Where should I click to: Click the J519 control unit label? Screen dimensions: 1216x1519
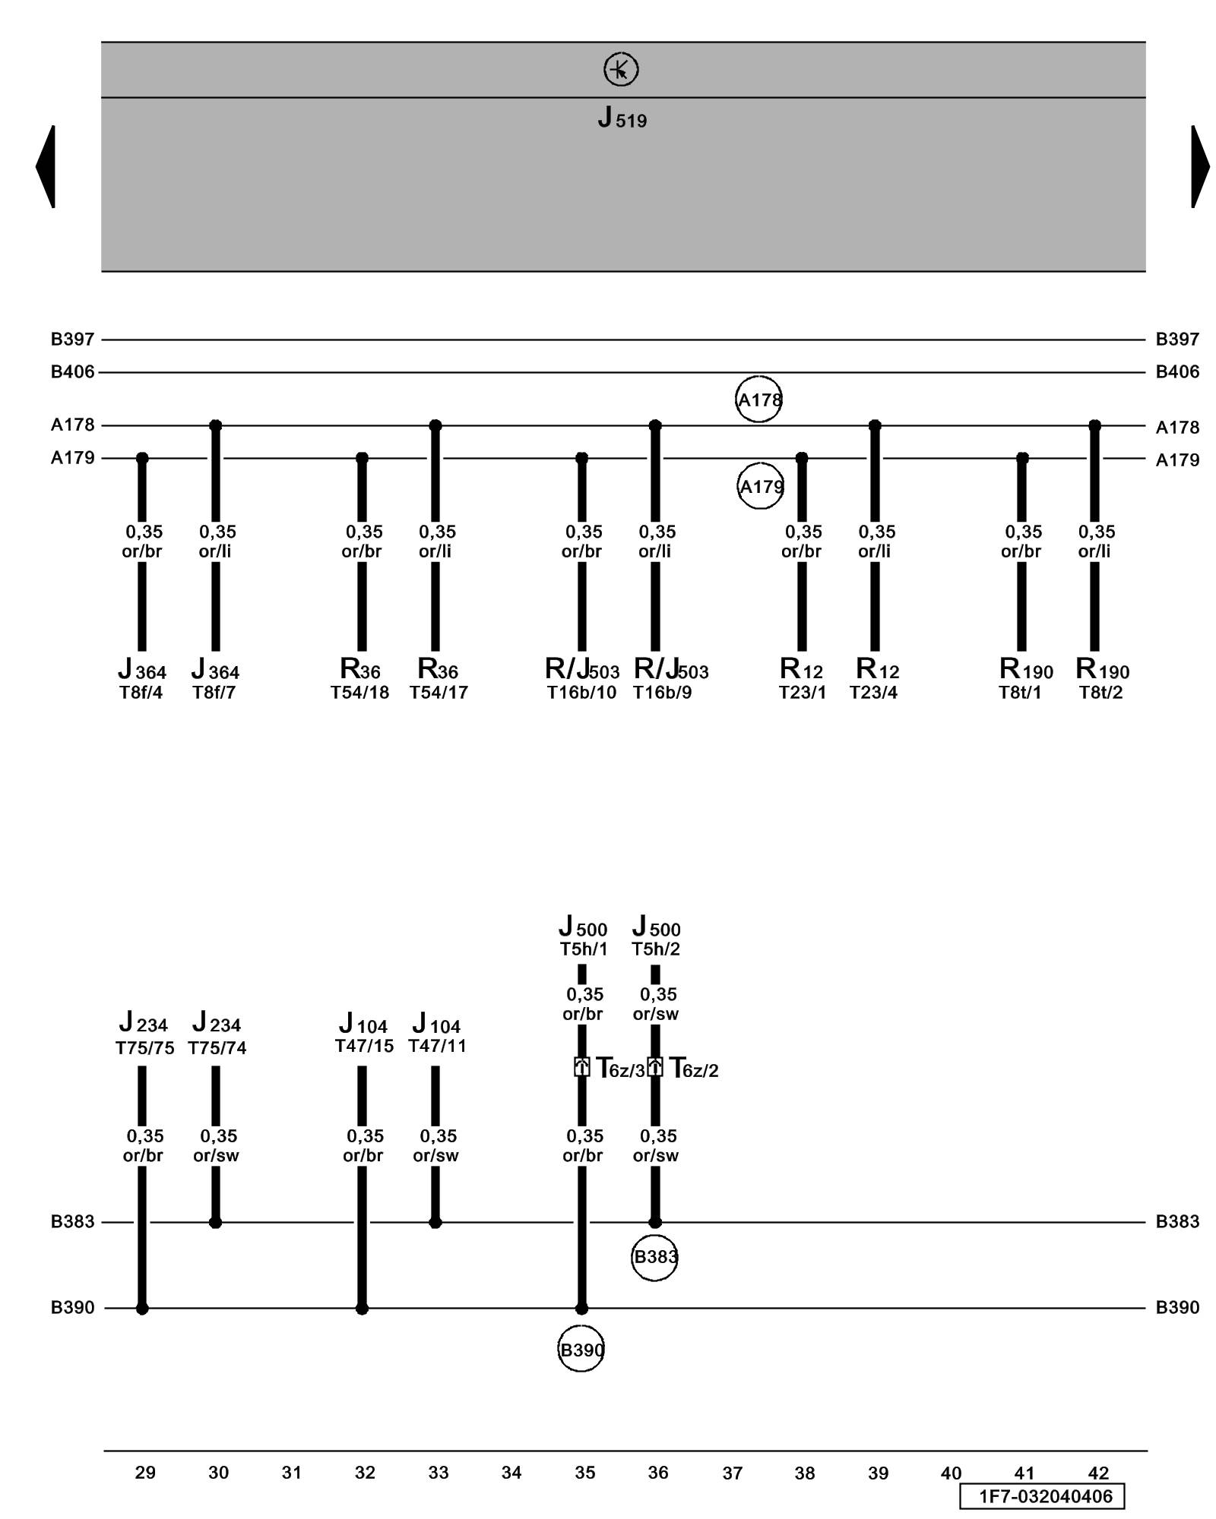pyautogui.click(x=622, y=118)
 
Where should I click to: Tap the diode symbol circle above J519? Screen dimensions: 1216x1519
pyautogui.click(x=621, y=69)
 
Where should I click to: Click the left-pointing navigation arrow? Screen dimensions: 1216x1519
pyautogui.click(x=46, y=166)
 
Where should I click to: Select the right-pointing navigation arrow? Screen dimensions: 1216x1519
pyautogui.click(x=1200, y=166)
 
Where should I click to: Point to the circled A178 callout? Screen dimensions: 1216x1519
pyautogui.click(x=758, y=399)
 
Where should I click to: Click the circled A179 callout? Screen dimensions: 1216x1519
pyautogui.click(x=760, y=486)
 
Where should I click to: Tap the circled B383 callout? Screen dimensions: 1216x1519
pyautogui.click(x=654, y=1257)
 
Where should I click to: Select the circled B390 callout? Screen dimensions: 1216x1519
pyautogui.click(x=581, y=1350)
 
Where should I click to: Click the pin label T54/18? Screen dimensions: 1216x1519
pyautogui.click(x=359, y=693)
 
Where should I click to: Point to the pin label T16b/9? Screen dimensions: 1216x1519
pyautogui.click(x=662, y=693)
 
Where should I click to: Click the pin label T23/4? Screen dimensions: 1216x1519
pyautogui.click(x=873, y=693)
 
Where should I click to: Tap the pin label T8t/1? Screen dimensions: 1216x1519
pyautogui.click(x=1020, y=693)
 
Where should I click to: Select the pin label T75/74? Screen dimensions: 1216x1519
pyautogui.click(x=217, y=1048)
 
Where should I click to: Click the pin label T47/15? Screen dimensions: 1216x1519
pyautogui.click(x=364, y=1046)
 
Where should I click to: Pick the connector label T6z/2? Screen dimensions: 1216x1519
pyautogui.click(x=694, y=1069)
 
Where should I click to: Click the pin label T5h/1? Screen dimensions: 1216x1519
pyautogui.click(x=584, y=949)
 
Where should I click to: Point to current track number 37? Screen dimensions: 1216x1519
pyautogui.click(x=732, y=1473)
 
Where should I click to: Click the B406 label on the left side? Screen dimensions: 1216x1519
pyautogui.click(x=73, y=372)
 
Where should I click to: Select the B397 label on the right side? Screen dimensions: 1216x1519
pyautogui.click(x=1177, y=339)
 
